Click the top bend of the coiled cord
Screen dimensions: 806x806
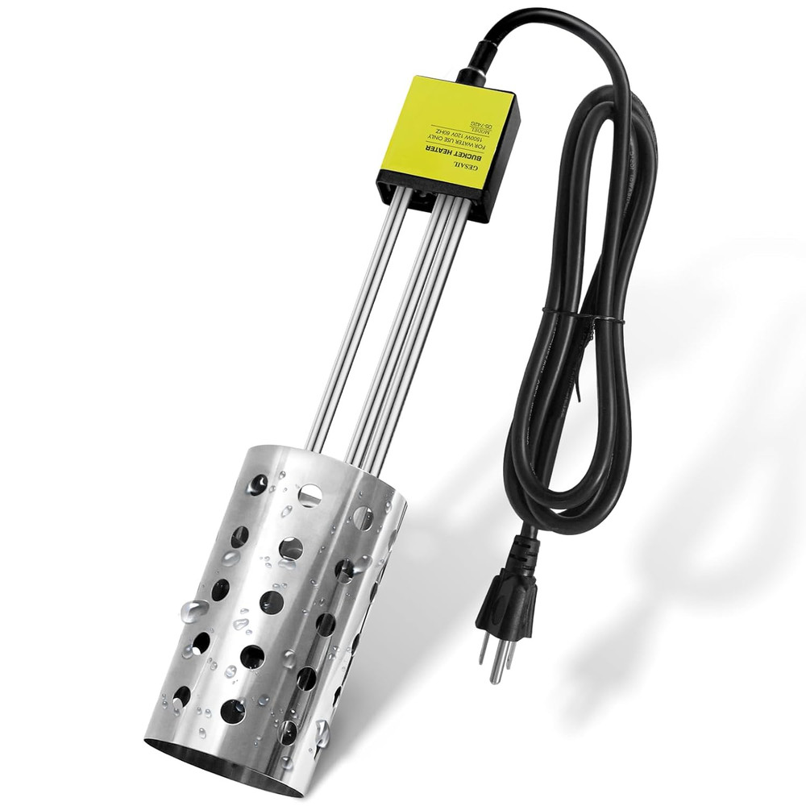(x=564, y=32)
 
